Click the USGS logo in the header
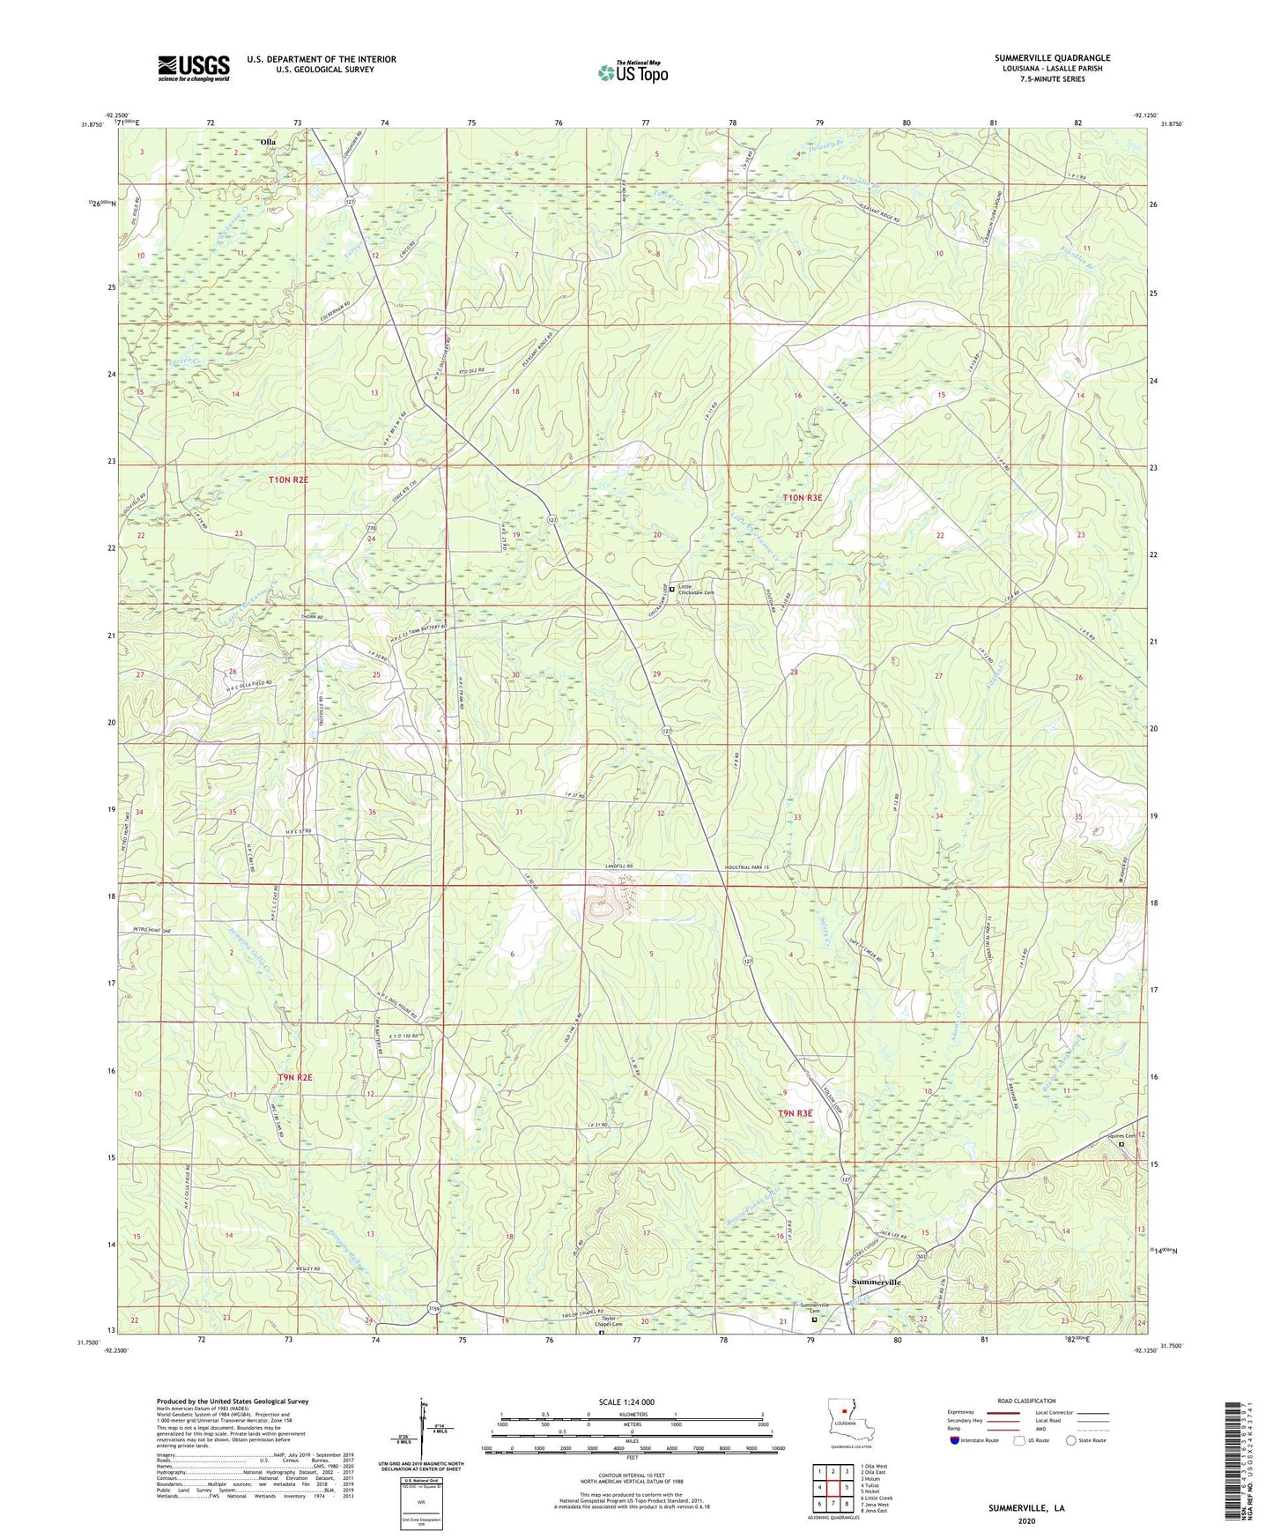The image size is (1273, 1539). [194, 68]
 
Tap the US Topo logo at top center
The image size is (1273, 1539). [633, 72]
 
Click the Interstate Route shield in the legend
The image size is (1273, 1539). [957, 1440]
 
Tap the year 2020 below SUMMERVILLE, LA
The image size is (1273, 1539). [1026, 1520]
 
